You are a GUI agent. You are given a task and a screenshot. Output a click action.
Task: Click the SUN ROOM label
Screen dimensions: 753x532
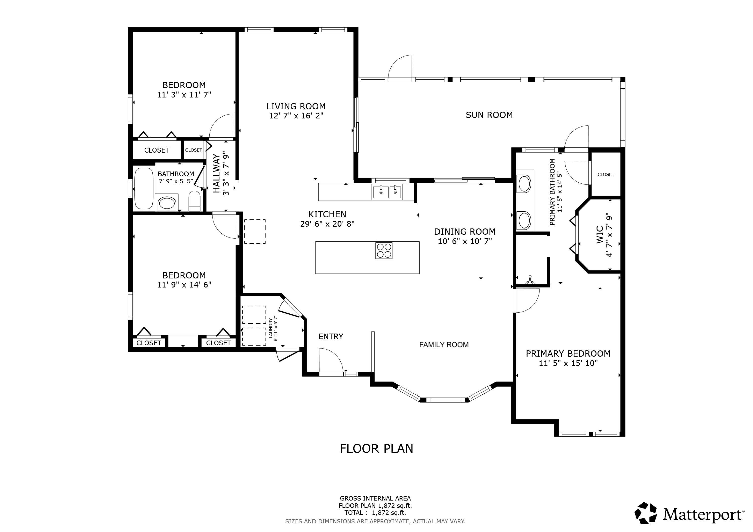tap(489, 115)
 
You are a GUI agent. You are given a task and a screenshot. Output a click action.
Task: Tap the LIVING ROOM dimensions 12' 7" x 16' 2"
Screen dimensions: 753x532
tap(296, 116)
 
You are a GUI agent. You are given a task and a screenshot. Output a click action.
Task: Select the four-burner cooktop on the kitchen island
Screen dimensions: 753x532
tap(384, 251)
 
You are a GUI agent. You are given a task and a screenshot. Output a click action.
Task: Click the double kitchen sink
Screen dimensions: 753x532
tap(387, 192)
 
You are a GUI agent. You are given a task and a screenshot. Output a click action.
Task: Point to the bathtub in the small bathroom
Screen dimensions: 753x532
tap(144, 188)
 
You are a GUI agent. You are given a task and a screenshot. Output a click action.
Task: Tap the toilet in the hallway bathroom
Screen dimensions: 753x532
tap(195, 201)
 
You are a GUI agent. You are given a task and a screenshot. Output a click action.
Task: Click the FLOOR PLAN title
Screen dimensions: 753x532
tap(376, 449)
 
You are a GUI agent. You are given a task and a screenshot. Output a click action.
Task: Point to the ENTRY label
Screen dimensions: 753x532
tap(331, 336)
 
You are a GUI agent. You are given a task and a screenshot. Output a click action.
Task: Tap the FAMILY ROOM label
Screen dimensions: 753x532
tap(444, 344)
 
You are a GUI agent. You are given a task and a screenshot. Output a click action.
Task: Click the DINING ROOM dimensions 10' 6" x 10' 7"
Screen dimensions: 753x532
tap(465, 241)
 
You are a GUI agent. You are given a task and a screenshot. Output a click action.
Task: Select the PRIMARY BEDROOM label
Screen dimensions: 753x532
tap(568, 354)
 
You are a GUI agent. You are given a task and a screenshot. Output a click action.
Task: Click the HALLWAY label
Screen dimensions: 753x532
tap(216, 173)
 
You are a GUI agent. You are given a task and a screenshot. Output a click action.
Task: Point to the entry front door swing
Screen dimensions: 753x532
tap(331, 361)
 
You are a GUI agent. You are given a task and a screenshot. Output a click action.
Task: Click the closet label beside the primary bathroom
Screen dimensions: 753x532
tap(606, 174)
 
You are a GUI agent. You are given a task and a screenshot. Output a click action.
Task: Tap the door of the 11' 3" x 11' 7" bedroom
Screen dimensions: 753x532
tap(221, 126)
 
